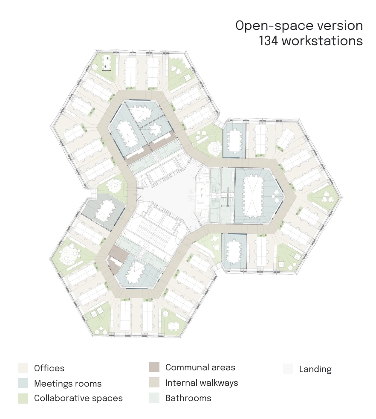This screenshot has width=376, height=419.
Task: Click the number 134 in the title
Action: click(268, 41)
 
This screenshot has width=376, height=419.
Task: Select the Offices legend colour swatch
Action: click(23, 368)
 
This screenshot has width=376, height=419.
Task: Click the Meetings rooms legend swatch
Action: click(23, 383)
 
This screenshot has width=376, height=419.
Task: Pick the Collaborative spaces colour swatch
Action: click(23, 398)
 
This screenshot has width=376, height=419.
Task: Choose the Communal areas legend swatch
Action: click(154, 367)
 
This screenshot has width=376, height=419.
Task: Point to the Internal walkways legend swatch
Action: click(154, 382)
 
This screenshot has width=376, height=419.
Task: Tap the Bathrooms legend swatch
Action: click(154, 398)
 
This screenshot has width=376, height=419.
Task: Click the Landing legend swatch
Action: click(288, 369)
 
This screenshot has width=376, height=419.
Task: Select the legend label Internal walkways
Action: click(202, 383)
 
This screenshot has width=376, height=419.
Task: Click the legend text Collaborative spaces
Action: click(78, 398)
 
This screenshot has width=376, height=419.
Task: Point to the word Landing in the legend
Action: click(315, 370)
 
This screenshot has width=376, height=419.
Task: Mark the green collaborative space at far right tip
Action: click(324, 197)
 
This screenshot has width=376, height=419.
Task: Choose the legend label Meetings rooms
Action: click(68, 384)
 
